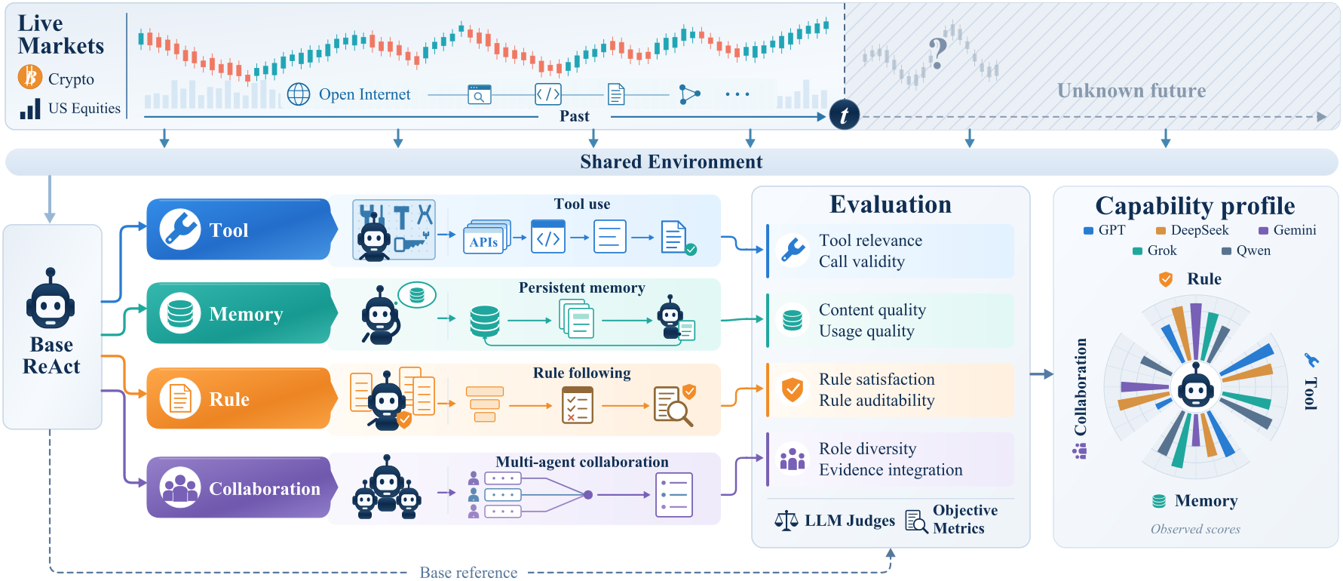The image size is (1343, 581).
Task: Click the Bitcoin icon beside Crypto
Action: point(30,77)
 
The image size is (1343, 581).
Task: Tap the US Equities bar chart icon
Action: point(30,109)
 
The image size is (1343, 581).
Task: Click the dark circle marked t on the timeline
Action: point(845,115)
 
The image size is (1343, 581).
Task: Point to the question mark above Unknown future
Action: point(937,53)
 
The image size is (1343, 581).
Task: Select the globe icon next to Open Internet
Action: point(299,94)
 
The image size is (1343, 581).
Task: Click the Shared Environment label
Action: point(671,161)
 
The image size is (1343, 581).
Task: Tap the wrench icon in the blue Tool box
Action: point(179,229)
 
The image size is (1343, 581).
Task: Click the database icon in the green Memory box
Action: point(179,312)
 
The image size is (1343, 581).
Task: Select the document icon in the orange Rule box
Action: point(179,398)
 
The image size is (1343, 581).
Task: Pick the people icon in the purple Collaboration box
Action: point(179,487)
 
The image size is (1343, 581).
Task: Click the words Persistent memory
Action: point(581,287)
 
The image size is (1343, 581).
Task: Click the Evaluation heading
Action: point(891,204)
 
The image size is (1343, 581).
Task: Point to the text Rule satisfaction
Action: point(877,379)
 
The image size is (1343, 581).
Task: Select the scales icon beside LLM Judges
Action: point(786,520)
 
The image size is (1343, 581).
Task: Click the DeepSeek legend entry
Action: point(1192,230)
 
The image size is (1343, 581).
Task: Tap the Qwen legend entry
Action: point(1246,251)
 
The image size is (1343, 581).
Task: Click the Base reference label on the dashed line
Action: point(468,573)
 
